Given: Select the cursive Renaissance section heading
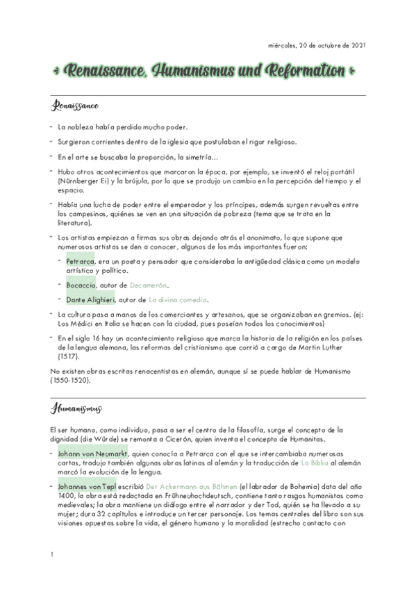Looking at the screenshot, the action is point(74,106).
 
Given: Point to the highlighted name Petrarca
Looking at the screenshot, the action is point(80,260).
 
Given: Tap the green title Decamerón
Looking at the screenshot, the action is point(148,285).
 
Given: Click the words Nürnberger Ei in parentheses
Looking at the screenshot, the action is point(88,181).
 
